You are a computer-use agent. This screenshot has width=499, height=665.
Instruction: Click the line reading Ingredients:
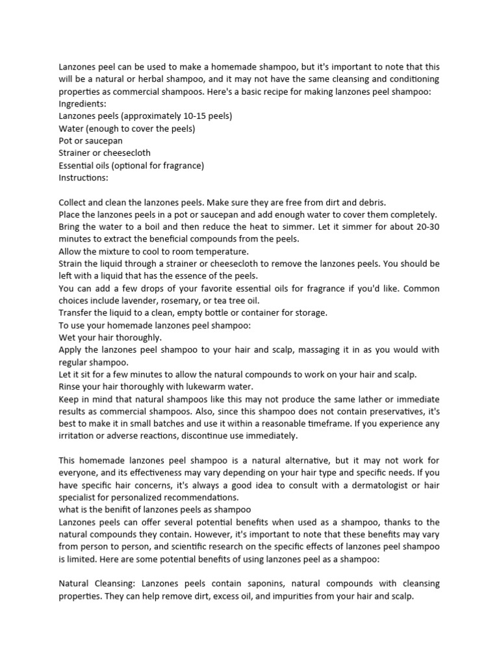point(83,104)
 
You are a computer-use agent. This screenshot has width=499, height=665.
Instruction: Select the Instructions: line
point(84,177)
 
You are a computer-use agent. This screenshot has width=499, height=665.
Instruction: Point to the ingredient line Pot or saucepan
point(90,141)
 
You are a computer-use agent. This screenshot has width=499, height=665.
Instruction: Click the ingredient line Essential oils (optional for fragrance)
point(131,166)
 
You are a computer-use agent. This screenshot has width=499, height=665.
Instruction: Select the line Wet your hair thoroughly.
point(110,338)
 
